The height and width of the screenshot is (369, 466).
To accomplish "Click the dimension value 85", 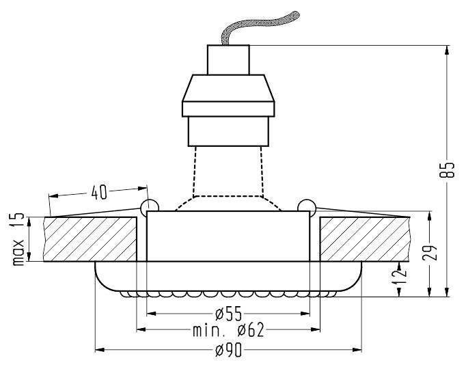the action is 447,170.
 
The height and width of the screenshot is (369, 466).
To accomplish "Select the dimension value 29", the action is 430,253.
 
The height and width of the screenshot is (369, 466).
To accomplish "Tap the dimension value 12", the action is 399,277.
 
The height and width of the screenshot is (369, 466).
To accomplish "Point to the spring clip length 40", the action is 98,192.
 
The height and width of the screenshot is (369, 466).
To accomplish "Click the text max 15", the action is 18,239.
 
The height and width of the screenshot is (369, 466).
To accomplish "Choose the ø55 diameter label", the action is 228,314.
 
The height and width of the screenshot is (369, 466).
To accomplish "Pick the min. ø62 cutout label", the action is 228,330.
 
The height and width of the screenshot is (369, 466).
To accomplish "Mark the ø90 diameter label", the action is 228,351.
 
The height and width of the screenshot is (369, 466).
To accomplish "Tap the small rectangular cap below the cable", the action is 228,59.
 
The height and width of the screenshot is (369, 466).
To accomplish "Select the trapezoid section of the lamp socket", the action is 228,88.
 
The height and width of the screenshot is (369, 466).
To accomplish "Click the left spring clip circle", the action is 150,206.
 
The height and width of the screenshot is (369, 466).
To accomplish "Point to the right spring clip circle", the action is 307,205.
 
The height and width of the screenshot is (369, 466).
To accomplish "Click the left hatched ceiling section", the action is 90,239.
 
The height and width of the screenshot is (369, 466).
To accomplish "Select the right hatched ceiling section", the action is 365,239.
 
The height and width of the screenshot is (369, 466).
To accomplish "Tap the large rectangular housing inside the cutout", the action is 228,236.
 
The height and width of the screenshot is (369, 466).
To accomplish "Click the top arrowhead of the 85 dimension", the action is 447,50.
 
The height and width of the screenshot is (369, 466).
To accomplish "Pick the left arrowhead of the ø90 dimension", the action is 100,350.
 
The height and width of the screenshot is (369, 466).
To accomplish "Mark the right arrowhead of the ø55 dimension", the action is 305,314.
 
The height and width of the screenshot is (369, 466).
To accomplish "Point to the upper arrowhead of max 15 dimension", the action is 29,222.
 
